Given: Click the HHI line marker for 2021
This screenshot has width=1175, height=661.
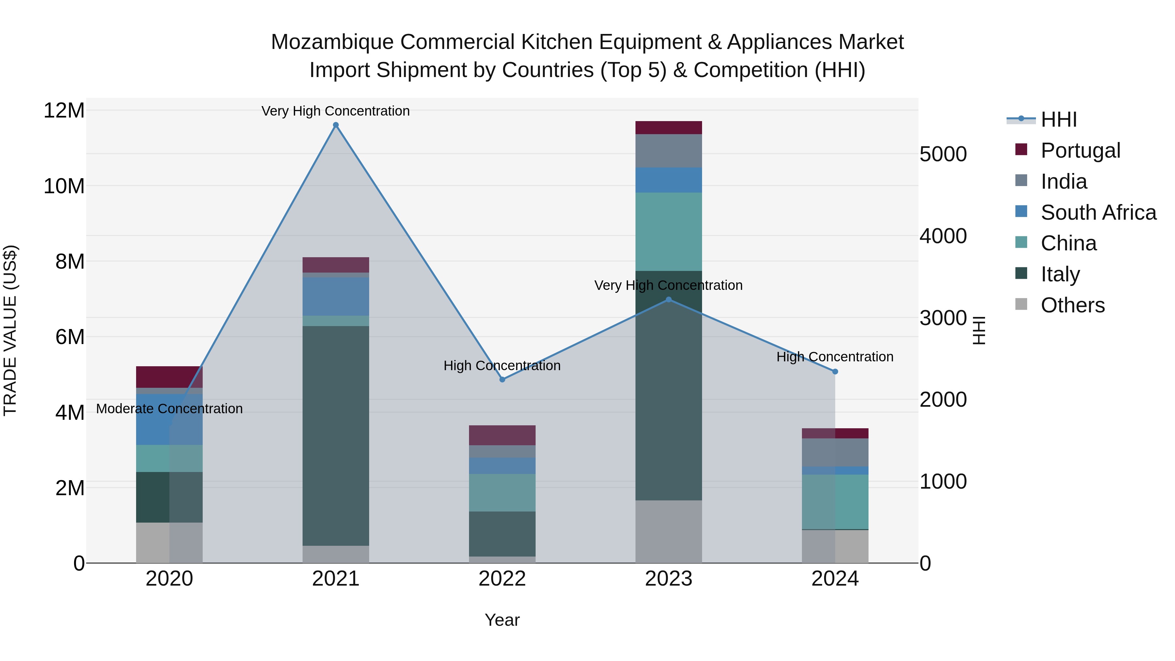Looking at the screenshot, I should coord(336,125).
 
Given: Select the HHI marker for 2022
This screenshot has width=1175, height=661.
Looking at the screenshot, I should coord(502,380).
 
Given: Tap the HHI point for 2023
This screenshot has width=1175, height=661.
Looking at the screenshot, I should coord(669,300).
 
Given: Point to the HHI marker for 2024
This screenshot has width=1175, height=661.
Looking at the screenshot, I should coord(835,372).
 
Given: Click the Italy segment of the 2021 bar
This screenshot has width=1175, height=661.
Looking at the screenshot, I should coord(336,436).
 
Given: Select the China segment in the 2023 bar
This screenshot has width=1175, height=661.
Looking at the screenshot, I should coord(669,232).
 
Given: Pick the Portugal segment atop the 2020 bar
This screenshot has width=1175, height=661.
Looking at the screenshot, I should coord(169,377).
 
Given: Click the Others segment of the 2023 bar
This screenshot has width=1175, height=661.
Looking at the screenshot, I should coord(669,531).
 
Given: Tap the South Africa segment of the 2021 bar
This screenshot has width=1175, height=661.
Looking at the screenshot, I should coord(336,296).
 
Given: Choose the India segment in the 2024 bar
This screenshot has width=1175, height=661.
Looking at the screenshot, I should coord(835,452).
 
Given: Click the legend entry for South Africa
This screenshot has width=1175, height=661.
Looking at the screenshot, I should coord(1098,212).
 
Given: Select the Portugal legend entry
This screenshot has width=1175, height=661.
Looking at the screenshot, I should coord(1080,150).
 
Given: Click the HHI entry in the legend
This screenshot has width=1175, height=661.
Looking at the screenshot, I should coord(1058,119).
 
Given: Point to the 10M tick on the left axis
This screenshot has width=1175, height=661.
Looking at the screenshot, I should coord(64,186).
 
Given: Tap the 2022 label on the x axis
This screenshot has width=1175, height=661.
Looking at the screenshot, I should coord(502,579).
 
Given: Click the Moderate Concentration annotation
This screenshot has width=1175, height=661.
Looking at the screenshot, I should coord(169,409).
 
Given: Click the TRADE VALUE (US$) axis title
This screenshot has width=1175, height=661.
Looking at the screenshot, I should coord(10,330).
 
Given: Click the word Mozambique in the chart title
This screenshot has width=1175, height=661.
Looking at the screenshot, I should coord(332,42).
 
